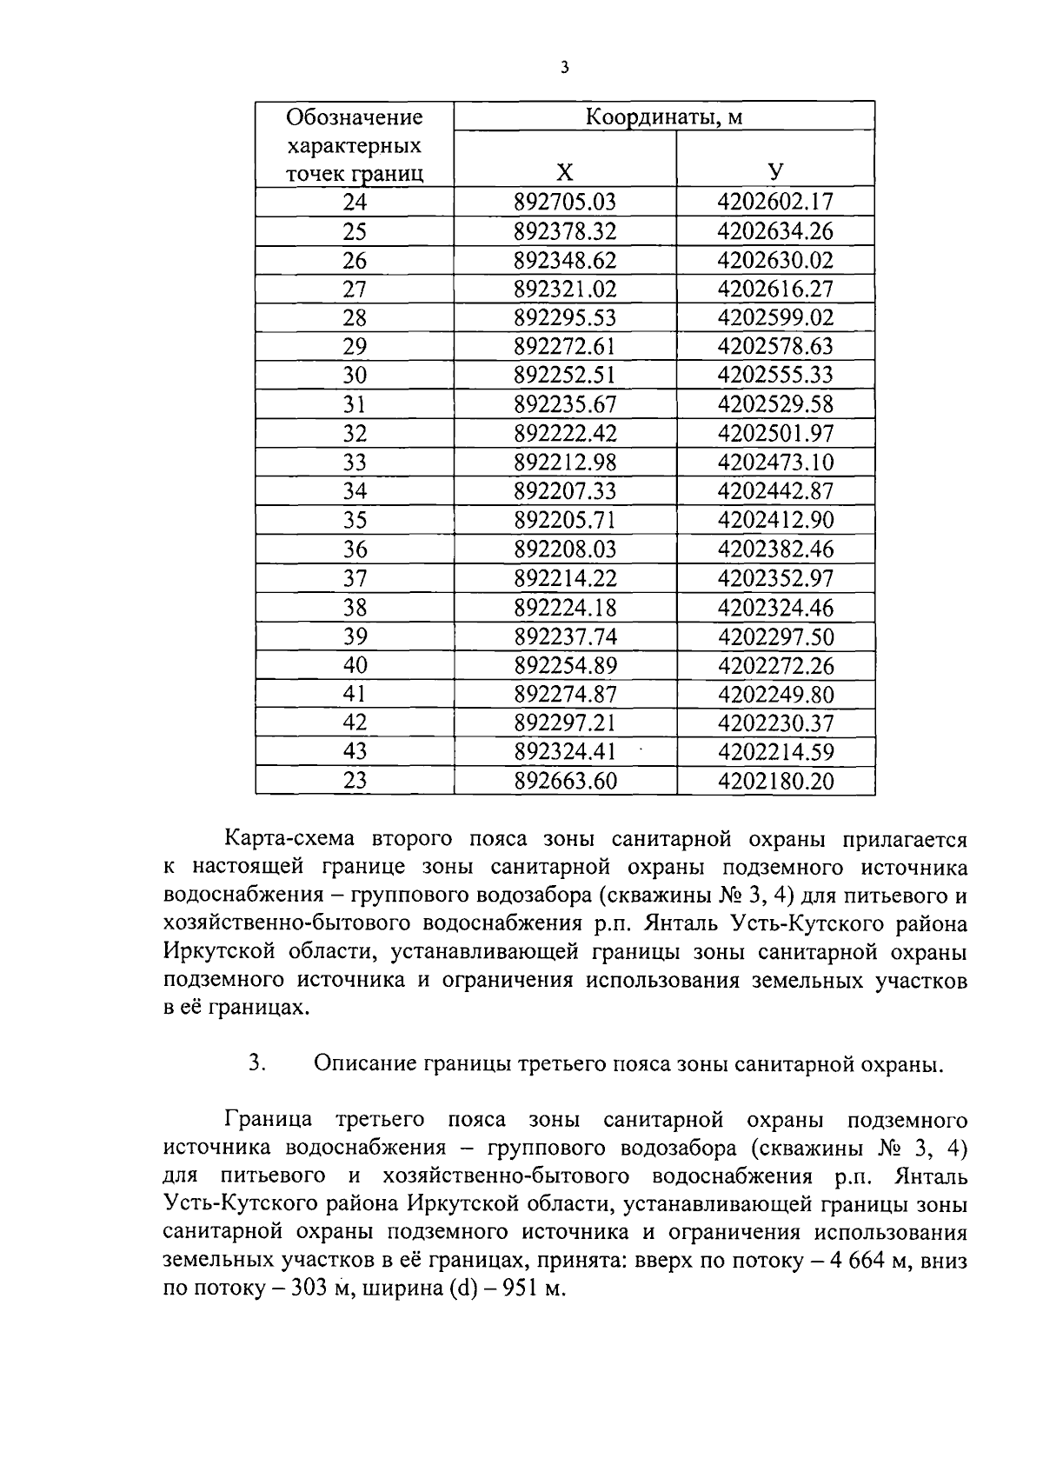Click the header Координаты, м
pos(664,117)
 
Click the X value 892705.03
pos(565,202)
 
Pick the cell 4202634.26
pos(775,231)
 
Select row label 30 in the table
pos(355,376)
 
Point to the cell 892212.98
pos(565,463)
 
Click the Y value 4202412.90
pos(775,520)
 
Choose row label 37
pos(355,578)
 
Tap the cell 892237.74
pos(565,636)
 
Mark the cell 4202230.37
pos(775,723)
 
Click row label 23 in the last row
pos(355,781)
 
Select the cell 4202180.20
pos(775,781)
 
